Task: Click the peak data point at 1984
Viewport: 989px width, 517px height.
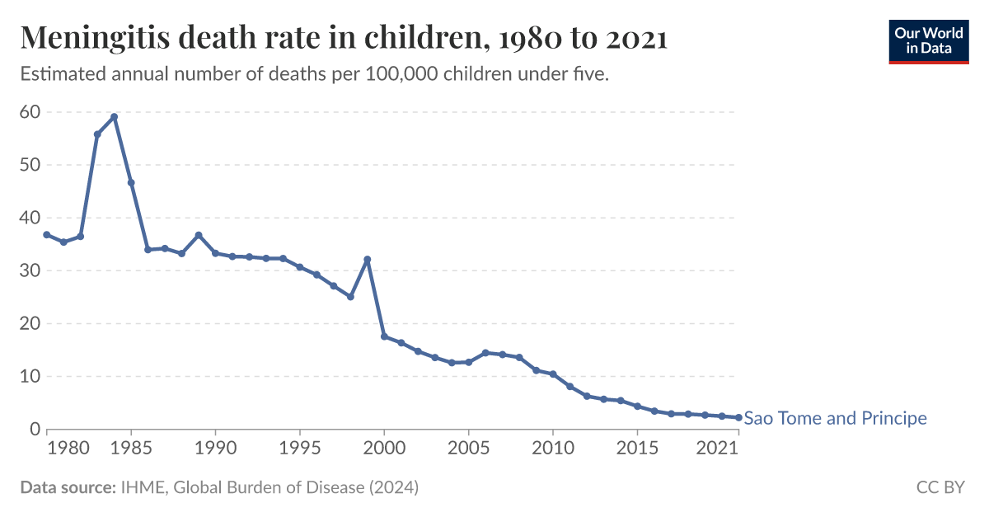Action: [114, 117]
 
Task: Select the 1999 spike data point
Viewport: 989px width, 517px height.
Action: [368, 260]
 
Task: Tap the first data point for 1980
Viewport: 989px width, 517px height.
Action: [47, 235]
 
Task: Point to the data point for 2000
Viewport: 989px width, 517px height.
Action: [384, 336]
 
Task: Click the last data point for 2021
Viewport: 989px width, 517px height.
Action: [738, 417]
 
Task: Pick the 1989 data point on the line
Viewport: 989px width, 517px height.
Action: [199, 235]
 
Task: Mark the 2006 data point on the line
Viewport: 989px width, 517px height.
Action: [485, 353]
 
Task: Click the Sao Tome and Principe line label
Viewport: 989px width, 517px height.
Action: [835, 418]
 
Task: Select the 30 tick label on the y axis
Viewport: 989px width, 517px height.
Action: [30, 270]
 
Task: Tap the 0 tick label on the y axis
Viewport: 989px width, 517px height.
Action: [35, 429]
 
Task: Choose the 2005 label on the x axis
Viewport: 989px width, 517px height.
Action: [468, 448]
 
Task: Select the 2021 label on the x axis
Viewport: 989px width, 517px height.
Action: [717, 448]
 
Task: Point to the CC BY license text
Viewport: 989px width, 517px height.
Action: [940, 487]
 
